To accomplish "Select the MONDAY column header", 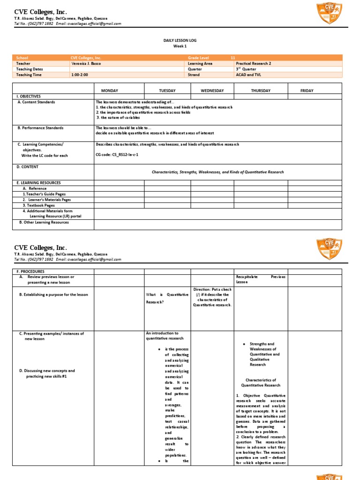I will pyautogui.click(x=119, y=90).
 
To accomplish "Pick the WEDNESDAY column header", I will pyautogui.click(x=212, y=90).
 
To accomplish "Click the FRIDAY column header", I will pyautogui.click(x=307, y=90).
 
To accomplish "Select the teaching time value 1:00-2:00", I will pyautogui.click(x=80, y=75).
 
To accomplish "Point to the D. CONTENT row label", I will pyautogui.click(x=28, y=166).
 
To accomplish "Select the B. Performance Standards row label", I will pyautogui.click(x=40, y=127).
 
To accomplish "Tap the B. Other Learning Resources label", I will pyautogui.click(x=44, y=222).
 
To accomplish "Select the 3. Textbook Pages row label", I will pyautogui.click(x=38, y=205).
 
